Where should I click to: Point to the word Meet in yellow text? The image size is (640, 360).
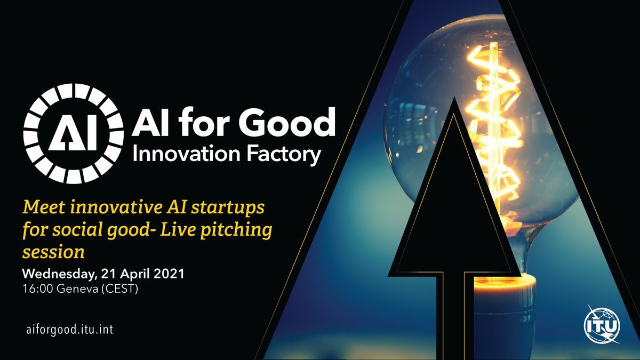pos(42,206)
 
